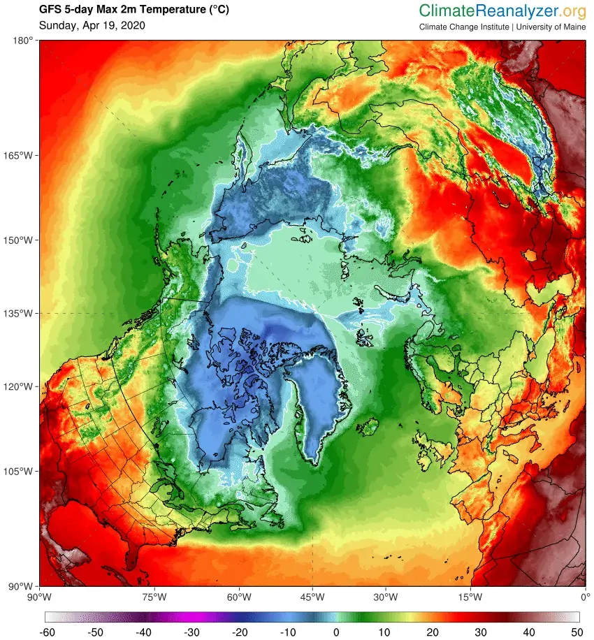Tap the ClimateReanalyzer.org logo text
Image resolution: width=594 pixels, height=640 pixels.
tap(502, 10)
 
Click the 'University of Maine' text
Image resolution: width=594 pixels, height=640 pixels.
tap(551, 27)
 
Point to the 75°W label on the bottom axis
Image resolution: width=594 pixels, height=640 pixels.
tap(154, 597)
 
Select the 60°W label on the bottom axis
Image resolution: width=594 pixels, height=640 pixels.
tap(239, 597)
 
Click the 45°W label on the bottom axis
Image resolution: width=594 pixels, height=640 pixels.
tap(312, 597)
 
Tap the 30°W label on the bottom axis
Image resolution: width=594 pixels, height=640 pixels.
tap(385, 597)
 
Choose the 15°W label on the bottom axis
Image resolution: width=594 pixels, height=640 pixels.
tap(470, 597)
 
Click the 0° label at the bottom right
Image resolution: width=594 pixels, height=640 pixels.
tap(585, 597)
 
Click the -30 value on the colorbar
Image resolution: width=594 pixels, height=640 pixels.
tap(191, 632)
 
